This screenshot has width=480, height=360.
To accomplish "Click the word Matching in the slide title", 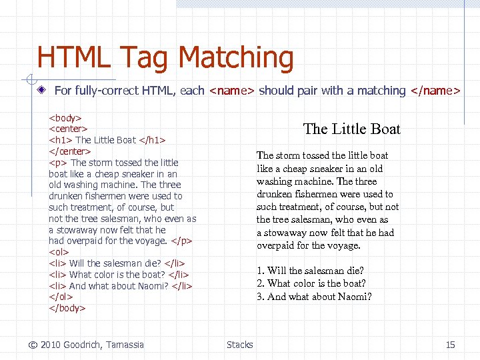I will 236,58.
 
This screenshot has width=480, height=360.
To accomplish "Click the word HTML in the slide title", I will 73,57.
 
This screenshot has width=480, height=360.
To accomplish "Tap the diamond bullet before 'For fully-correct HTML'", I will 42,90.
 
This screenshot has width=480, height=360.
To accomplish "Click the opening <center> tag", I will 69,129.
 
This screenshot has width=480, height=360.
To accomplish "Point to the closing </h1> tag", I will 152,140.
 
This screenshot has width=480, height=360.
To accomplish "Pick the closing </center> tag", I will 70,151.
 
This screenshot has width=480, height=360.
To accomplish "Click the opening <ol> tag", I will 58,252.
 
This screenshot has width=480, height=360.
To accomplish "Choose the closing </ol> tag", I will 60,297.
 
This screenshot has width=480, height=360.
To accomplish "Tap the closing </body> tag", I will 67,308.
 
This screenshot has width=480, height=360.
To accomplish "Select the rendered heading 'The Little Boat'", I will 351,129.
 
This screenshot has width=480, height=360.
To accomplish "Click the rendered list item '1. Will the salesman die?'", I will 310,271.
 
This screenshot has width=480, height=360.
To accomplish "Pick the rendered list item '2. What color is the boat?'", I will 311,283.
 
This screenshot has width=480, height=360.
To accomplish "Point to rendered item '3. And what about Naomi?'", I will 314,297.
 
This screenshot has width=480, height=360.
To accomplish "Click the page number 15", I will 450,345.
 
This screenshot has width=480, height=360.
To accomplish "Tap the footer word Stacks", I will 239,345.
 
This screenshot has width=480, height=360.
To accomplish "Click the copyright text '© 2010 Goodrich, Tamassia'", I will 86,345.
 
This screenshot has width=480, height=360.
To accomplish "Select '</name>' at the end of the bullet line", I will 435,91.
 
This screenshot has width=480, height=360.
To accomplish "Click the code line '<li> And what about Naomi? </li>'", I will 121,285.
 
